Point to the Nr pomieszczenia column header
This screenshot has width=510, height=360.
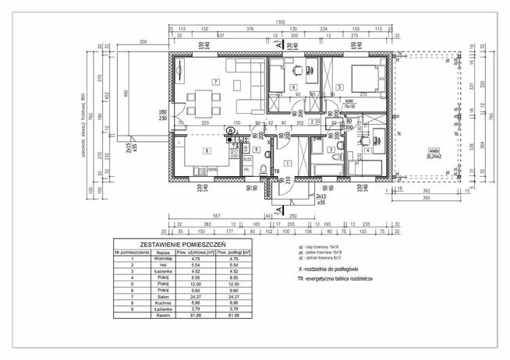click(131, 252)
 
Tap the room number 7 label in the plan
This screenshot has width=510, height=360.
click(216, 82)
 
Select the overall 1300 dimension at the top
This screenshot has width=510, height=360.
click(278, 23)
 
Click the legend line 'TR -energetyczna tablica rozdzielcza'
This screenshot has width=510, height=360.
click(342, 279)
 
